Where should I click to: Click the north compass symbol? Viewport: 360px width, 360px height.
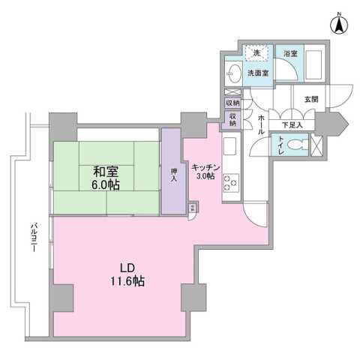339,25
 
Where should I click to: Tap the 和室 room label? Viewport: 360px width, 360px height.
104,169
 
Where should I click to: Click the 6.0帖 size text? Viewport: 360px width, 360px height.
104,184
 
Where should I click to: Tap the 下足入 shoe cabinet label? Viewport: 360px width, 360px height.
292,124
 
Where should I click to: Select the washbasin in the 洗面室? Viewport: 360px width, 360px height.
234,73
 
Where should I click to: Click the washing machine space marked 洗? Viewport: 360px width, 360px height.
256,52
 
